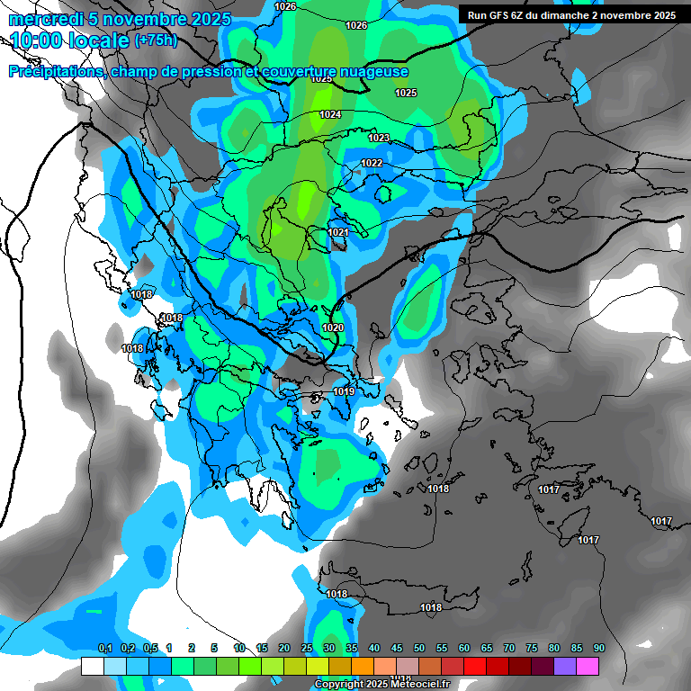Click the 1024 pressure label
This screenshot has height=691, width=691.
[330, 114]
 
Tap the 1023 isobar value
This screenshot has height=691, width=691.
[379, 138]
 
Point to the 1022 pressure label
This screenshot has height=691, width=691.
[372, 163]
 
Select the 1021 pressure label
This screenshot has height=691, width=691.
[338, 232]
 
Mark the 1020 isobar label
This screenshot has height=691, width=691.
[332, 328]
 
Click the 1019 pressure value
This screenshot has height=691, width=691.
[344, 391]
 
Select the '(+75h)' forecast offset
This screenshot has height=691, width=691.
[156, 40]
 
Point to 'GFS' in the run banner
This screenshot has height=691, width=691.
[498, 15]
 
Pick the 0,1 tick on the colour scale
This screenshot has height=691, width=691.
[104, 649]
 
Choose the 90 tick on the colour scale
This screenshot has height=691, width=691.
[598, 649]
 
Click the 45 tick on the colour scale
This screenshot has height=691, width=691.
[397, 649]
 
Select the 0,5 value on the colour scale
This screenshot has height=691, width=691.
[149, 649]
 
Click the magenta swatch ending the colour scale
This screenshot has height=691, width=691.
[588, 666]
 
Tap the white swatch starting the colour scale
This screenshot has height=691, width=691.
[92, 666]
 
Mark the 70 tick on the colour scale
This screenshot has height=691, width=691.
[509, 649]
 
